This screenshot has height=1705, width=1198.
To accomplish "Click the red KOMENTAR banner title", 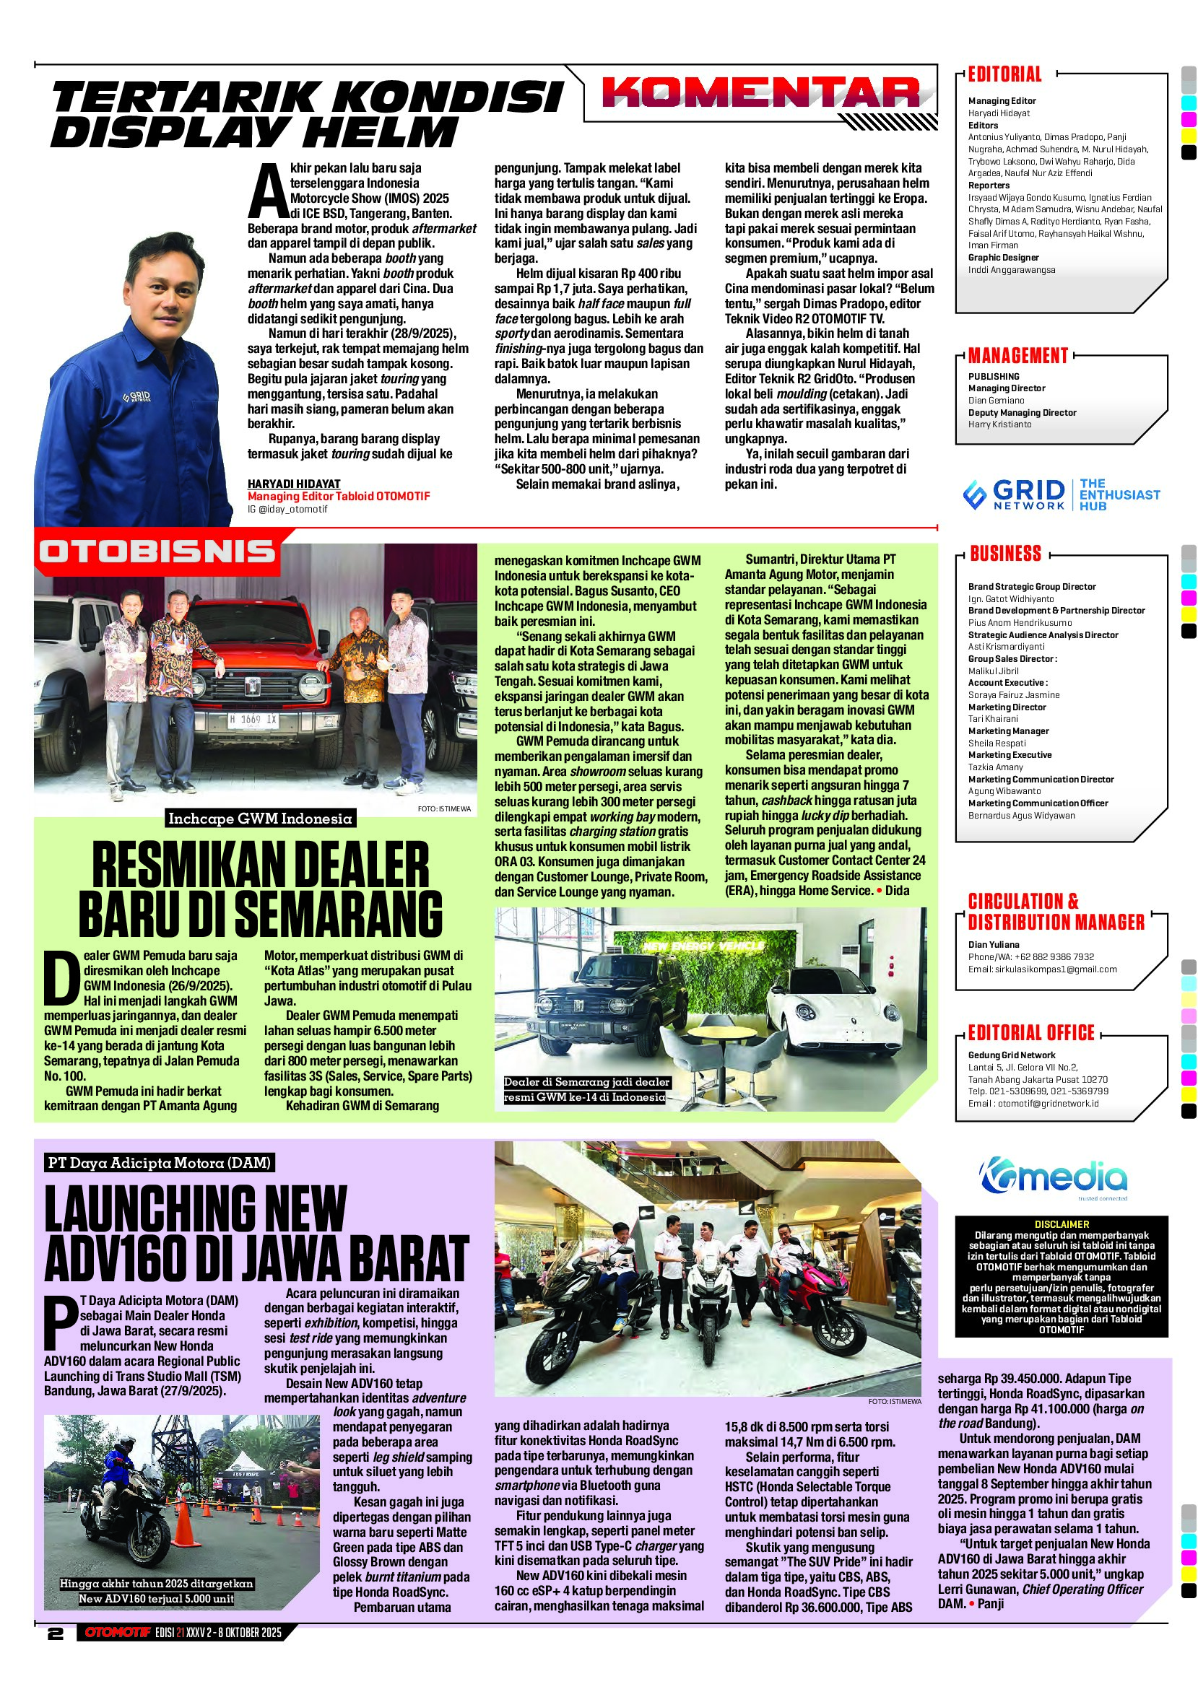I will click(762, 95).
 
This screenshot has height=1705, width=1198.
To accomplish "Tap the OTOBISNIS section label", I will click(157, 551).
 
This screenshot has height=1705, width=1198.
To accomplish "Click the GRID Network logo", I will click(1015, 494).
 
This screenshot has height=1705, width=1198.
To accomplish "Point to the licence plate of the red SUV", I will click(253, 720).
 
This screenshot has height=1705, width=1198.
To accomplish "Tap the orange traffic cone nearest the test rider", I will click(184, 1535).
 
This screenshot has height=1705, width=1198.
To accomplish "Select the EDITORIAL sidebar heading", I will click(1004, 74).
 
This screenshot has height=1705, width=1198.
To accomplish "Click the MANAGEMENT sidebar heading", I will click(1017, 356).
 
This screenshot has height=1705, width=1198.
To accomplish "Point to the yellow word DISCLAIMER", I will click(1062, 1224).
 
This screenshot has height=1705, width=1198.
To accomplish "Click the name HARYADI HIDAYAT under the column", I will click(293, 484).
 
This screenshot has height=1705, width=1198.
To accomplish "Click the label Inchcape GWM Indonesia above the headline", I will click(260, 819).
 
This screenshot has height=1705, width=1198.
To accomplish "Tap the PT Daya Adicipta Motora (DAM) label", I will click(159, 1163).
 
